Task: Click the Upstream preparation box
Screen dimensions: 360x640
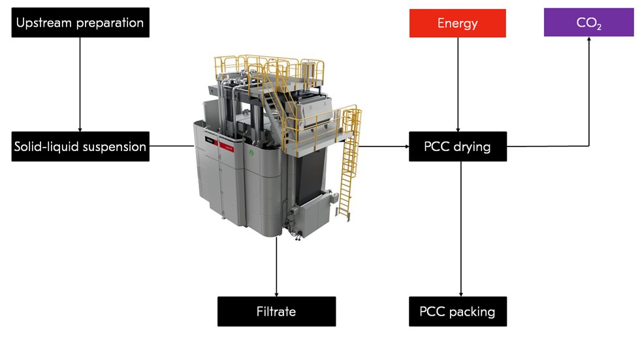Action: coord(80,22)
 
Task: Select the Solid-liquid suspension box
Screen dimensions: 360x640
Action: coord(80,146)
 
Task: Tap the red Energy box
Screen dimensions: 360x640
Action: coord(457,23)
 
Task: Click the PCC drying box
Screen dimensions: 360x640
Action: coord(457,146)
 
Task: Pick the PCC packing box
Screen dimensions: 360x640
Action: coord(457,312)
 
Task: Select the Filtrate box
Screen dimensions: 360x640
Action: coord(276,312)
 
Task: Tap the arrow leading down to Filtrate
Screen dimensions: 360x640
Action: coord(277,268)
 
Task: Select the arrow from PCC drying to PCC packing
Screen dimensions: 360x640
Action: coord(462,229)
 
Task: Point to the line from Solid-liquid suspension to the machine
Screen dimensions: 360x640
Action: coord(171,146)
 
